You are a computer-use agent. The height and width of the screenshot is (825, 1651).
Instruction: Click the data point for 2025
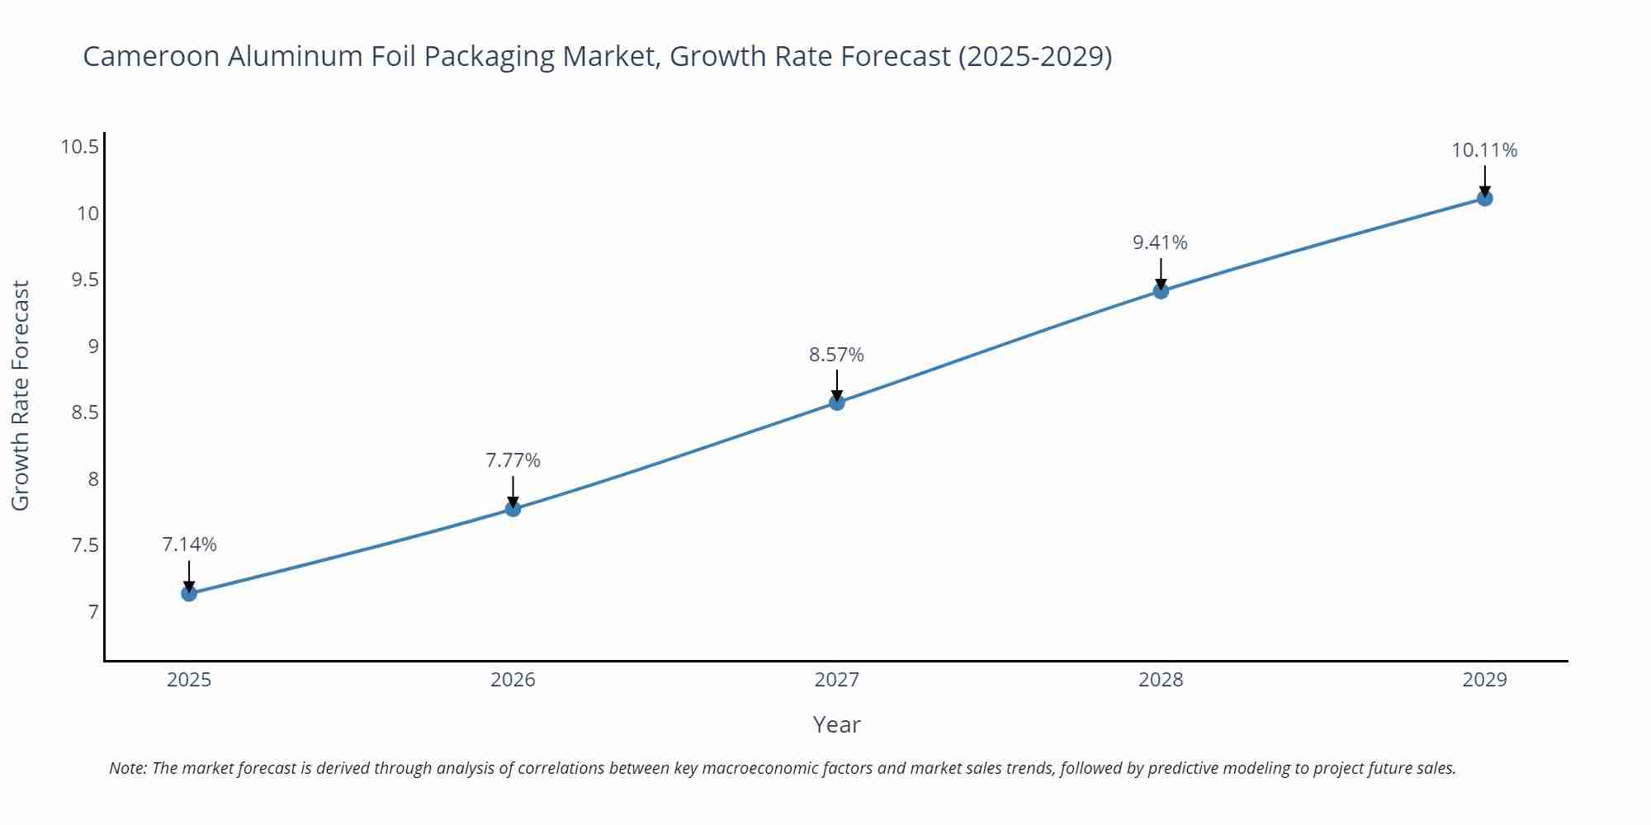(x=189, y=593)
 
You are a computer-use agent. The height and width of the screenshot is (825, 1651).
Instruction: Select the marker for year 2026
(x=513, y=509)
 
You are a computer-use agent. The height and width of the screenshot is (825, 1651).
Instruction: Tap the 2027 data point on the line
(x=837, y=403)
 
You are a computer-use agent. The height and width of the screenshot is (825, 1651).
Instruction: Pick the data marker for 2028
(x=1161, y=290)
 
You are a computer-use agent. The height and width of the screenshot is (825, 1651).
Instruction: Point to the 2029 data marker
(x=1484, y=198)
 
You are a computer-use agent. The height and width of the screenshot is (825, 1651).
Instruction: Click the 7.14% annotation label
(x=189, y=544)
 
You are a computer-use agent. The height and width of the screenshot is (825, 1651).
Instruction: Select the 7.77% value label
(x=513, y=460)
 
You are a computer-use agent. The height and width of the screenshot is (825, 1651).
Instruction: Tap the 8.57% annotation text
(x=836, y=355)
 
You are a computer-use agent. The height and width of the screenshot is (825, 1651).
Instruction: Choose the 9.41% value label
(x=1160, y=243)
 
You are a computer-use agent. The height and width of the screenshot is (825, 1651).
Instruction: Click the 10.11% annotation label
(x=1484, y=150)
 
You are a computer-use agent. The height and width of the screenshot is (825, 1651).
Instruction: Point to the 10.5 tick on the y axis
(x=79, y=147)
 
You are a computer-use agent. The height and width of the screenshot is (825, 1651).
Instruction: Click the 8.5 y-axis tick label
(x=84, y=412)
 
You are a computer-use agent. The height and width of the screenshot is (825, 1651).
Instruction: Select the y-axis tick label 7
(x=92, y=612)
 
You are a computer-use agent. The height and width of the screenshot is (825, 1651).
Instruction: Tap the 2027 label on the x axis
(x=836, y=680)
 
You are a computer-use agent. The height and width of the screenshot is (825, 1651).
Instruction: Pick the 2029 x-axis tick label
(x=1484, y=680)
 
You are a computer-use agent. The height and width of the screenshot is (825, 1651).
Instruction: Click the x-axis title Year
(x=836, y=724)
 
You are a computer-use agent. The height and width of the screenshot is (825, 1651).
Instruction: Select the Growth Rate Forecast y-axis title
(x=21, y=395)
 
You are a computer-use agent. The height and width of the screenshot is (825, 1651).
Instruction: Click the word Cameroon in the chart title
(x=151, y=56)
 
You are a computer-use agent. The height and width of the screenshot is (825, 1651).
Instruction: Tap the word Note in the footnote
(x=127, y=768)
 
